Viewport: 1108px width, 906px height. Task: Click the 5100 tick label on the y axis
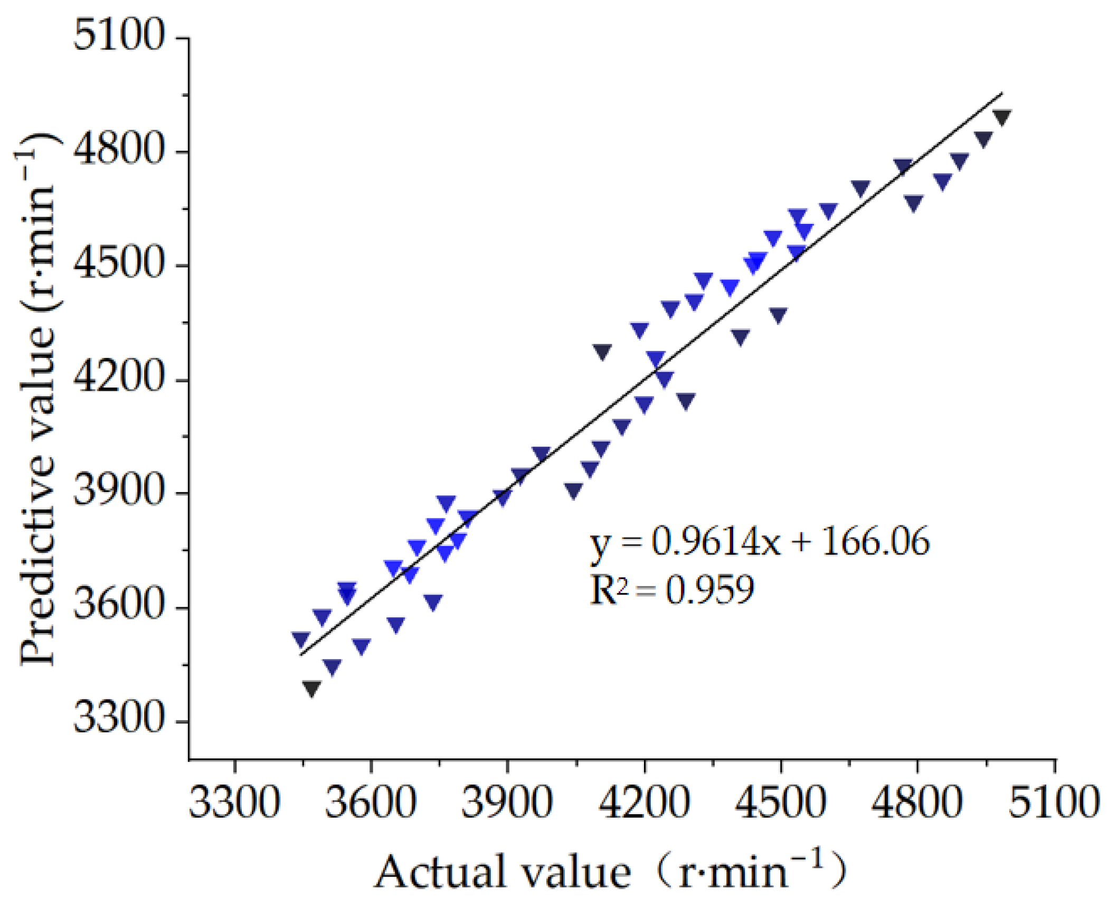[x=119, y=36]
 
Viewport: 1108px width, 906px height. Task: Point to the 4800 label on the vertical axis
[x=119, y=150]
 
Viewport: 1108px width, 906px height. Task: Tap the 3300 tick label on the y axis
[x=119, y=719]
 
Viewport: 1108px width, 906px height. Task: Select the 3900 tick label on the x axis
[x=507, y=803]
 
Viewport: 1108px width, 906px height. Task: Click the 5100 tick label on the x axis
[x=1054, y=803]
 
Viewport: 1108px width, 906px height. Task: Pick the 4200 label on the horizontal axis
[x=644, y=803]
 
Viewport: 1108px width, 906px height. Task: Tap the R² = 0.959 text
[x=672, y=590]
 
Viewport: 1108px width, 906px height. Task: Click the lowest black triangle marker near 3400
[x=311, y=688]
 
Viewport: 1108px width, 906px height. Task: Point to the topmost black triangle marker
[x=1001, y=116]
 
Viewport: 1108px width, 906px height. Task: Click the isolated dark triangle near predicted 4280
[x=602, y=351]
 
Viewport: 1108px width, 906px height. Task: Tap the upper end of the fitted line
[x=1001, y=93]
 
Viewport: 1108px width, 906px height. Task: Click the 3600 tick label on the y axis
[x=119, y=605]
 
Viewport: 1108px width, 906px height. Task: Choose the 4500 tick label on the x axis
[x=780, y=803]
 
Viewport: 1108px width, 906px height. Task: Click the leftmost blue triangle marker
[x=300, y=639]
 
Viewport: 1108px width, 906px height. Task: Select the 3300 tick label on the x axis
[x=234, y=803]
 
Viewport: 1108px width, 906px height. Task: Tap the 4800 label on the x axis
[x=917, y=803]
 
